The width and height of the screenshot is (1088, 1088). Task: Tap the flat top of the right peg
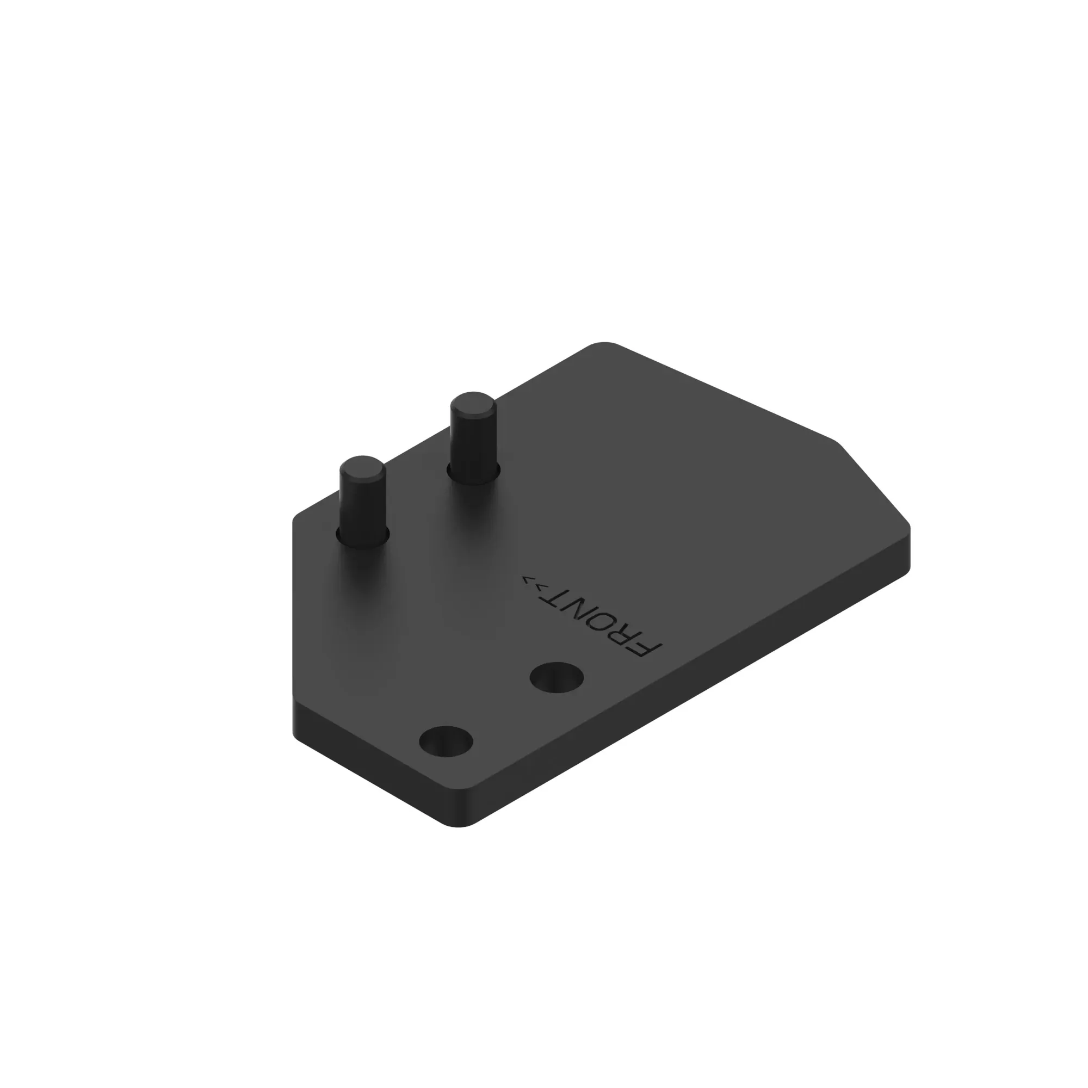tap(473, 404)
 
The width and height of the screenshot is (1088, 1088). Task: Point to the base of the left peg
tap(363, 538)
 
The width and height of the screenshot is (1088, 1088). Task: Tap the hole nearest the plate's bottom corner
tap(446, 740)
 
